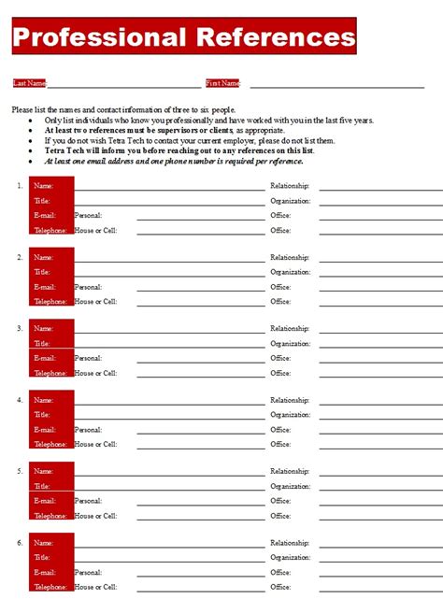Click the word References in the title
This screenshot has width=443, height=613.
click(277, 37)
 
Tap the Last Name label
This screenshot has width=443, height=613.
click(29, 83)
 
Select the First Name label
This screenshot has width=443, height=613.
click(222, 83)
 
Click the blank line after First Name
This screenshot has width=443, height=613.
click(336, 86)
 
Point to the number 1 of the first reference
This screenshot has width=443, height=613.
click(20, 186)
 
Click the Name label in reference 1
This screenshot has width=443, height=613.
click(44, 186)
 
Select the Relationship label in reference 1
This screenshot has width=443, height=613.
click(290, 186)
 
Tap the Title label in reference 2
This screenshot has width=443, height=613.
click(42, 272)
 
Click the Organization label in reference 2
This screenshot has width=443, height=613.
click(291, 272)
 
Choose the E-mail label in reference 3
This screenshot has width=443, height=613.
click(45, 358)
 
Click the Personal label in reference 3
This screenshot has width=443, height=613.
click(89, 358)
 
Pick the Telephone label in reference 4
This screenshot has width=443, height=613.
click(50, 444)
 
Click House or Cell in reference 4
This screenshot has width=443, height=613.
click(95, 444)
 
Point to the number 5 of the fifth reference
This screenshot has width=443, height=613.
click(20, 471)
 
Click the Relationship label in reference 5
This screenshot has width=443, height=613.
click(290, 471)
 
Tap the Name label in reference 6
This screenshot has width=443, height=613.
click(44, 543)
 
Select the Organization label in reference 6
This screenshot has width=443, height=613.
click(291, 558)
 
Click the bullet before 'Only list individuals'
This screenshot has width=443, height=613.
click(33, 121)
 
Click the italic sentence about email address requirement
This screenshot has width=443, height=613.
click(174, 161)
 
